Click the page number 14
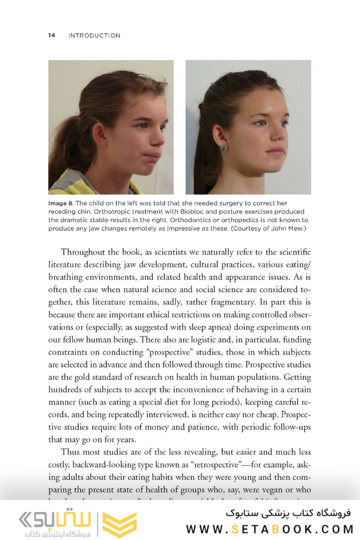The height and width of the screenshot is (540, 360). (x=51, y=35)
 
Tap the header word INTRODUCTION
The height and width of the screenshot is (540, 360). (x=94, y=35)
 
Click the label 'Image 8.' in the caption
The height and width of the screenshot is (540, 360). (x=61, y=204)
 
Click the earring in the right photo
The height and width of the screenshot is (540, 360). (x=223, y=147)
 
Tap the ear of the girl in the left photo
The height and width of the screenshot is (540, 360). (x=99, y=134)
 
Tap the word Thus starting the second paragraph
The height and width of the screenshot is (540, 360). (x=70, y=451)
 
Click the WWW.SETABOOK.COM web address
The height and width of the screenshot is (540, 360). (x=270, y=529)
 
